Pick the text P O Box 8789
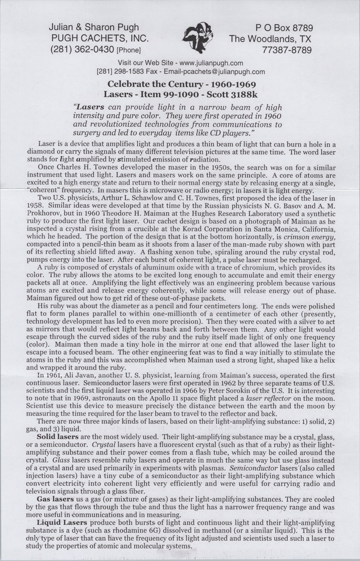pos(284,28)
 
